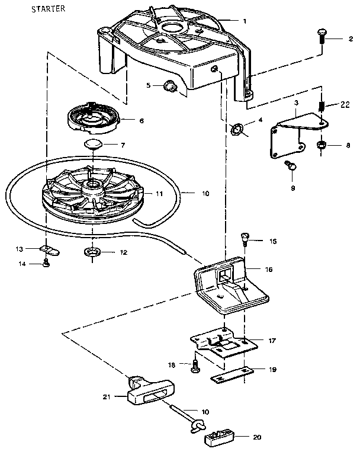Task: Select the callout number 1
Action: [244, 21]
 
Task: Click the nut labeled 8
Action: [322, 145]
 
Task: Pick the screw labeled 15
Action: [243, 239]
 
